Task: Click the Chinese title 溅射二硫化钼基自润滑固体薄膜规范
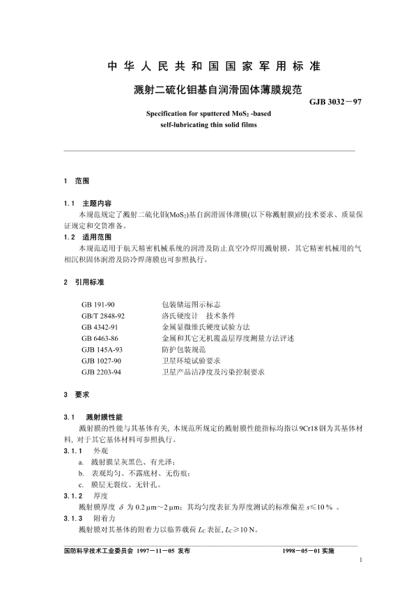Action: tap(208, 89)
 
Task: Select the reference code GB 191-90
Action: tap(98, 305)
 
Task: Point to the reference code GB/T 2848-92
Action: tap(103, 316)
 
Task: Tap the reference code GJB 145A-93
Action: tap(103, 349)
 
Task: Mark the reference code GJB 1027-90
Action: tap(103, 360)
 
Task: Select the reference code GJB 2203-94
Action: tap(103, 372)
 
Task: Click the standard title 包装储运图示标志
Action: tap(191, 305)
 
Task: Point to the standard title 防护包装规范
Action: tap(183, 349)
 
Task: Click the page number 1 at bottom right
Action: tap(360, 559)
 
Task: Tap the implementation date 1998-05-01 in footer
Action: tap(299, 550)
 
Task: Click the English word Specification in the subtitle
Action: tap(170, 112)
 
